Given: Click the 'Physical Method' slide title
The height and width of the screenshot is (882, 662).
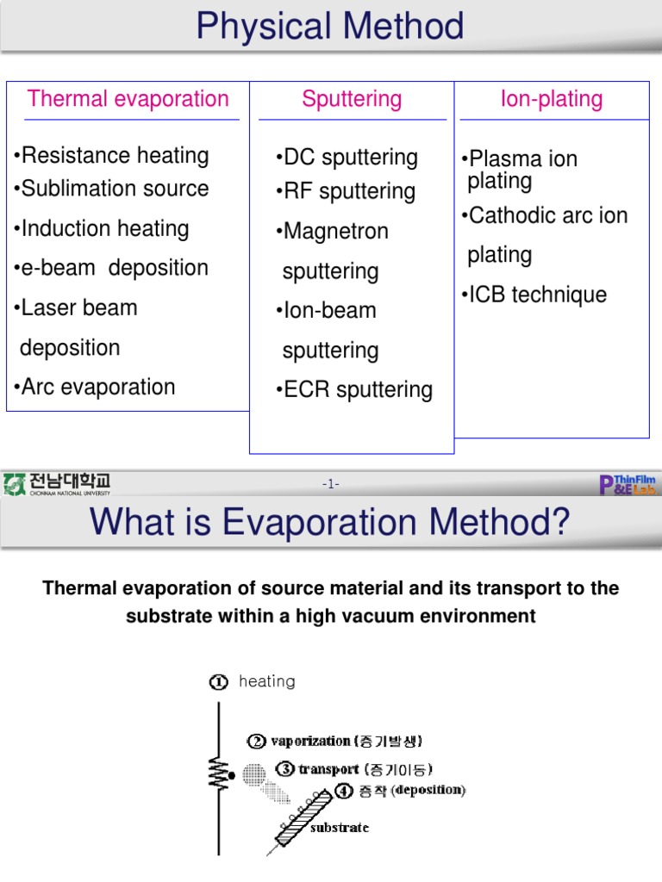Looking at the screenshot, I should coord(330,27).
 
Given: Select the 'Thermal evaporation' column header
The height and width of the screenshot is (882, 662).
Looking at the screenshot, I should coord(128,98).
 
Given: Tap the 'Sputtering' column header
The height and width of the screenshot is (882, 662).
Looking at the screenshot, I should coord(352,99).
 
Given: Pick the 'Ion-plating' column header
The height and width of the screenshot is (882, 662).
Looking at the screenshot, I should coord(552,99).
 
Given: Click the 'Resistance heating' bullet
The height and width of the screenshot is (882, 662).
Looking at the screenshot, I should coord(111,156).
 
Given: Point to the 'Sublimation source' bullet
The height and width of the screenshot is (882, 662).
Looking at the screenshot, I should coord(111,189).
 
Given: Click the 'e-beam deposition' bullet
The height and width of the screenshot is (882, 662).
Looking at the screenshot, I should coord(111,268).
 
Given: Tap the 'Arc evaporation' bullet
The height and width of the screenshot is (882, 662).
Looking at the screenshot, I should coord(95,388).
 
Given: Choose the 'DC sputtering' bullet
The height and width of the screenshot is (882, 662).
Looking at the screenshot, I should coord(347,158).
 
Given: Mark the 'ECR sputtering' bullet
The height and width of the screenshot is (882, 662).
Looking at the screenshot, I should coord(354,390).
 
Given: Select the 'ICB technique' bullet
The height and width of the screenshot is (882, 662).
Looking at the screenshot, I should coord(534,295).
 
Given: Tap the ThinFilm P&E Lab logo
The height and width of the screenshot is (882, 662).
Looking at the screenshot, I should coord(628,484).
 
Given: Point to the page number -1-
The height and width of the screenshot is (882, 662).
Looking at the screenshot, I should coord(331,485).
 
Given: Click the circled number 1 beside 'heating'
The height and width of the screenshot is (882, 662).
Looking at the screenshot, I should coord(218,682).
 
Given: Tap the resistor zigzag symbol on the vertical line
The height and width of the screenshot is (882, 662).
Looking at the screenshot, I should coord(219,773).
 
